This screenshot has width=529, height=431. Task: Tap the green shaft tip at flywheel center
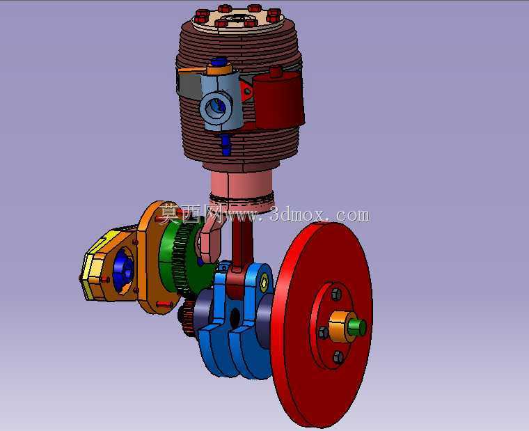(358, 327)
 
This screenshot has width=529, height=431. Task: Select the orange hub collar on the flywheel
(339, 327)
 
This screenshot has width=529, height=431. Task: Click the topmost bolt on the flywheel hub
(336, 294)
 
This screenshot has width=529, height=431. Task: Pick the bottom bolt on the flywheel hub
(338, 356)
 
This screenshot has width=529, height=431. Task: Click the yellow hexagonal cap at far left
(92, 267)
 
